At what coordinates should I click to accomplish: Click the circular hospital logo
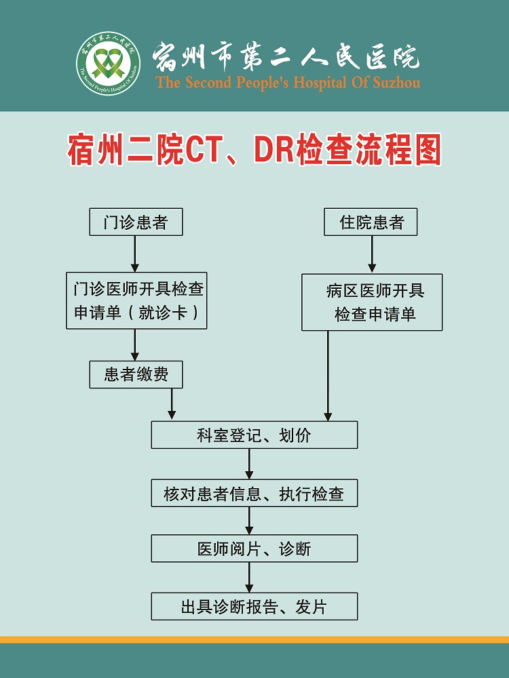tap(108, 63)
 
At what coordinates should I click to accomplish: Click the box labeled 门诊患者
tap(136, 222)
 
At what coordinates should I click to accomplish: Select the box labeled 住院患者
tap(371, 222)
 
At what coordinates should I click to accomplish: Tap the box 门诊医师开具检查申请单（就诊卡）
tap(136, 300)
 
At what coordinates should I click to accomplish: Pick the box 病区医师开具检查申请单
tap(372, 302)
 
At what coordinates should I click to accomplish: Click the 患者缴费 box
tap(136, 374)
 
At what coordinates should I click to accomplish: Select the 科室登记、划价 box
tap(254, 435)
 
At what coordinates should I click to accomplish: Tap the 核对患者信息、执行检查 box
tap(254, 493)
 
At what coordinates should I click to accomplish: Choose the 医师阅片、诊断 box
tap(254, 549)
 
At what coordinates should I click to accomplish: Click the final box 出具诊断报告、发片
tap(254, 606)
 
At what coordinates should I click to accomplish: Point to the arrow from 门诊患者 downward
tap(134, 254)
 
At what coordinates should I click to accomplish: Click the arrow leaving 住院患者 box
tap(372, 255)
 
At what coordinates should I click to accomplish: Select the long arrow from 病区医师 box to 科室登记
tap(328, 376)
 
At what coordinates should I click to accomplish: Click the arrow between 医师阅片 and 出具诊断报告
tap(249, 577)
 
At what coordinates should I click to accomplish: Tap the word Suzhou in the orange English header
tap(396, 82)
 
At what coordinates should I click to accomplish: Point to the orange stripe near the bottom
tap(254, 639)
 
